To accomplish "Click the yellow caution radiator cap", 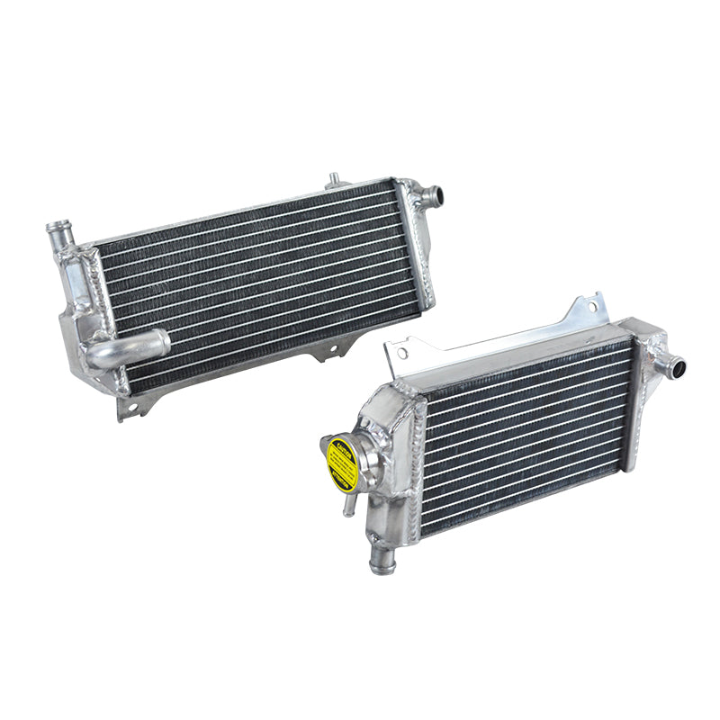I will pos(342,463).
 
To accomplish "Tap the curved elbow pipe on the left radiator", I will pos(135,348).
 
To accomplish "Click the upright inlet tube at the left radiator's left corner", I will pos(59,237).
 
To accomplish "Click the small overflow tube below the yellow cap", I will pos(347,504).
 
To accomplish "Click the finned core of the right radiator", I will pos(526,432).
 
